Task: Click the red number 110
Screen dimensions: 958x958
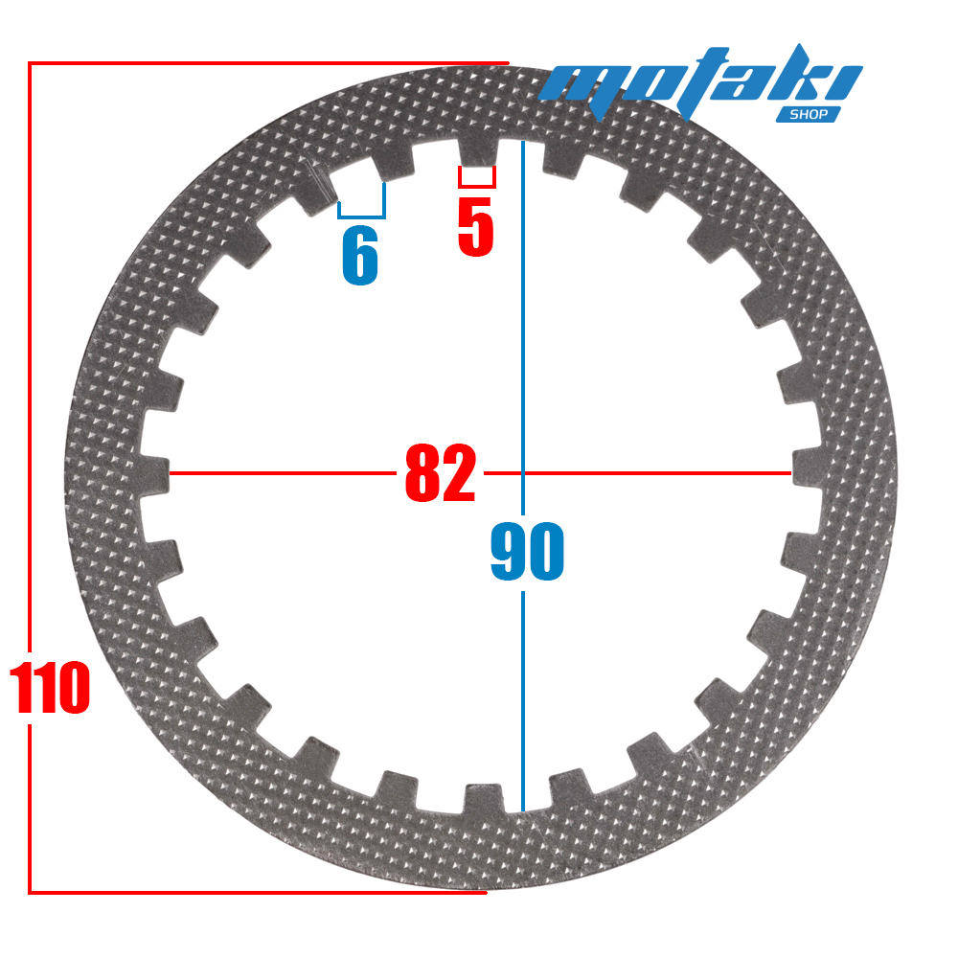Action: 50,687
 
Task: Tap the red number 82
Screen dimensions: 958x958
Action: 441,473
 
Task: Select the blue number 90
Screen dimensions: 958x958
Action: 527,551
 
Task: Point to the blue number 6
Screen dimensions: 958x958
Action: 360,256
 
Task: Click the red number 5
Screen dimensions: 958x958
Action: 476,227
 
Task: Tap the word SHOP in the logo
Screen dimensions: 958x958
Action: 809,114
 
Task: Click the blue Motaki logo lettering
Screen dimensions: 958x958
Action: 700,81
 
